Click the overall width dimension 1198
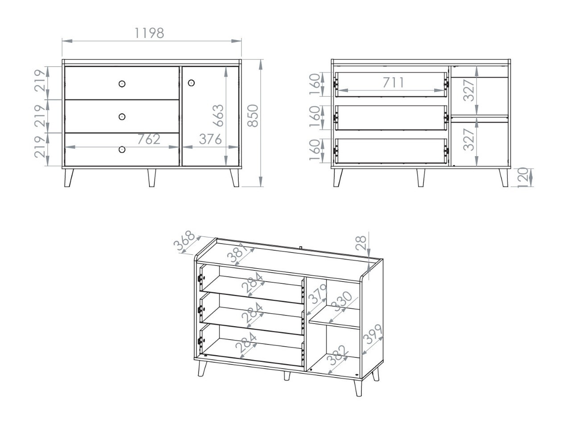pyautogui.click(x=149, y=33)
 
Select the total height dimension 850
pyautogui.click(x=253, y=116)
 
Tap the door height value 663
pyautogui.click(x=218, y=116)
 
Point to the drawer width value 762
pyautogui.click(x=148, y=139)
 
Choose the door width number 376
pyautogui.click(x=210, y=139)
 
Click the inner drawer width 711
pyautogui.click(x=393, y=83)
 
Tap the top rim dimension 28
pyautogui.click(x=361, y=242)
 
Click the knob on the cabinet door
pyautogui.click(x=191, y=83)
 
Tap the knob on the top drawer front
pyautogui.click(x=122, y=84)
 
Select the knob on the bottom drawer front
pyautogui.click(x=122, y=149)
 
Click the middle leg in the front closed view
pyautogui.click(x=152, y=178)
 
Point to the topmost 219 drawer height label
pyautogui.click(x=40, y=80)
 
